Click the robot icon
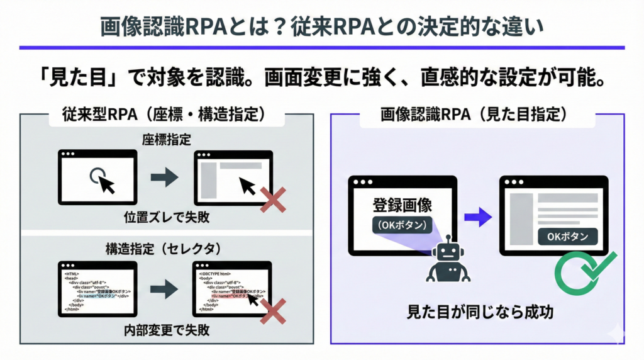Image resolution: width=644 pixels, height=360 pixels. coord(448,259)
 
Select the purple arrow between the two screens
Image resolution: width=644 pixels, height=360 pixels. coord(477,218)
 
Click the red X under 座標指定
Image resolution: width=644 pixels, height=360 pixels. coord(273,202)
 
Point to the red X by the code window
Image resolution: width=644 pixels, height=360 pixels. coord(273,311)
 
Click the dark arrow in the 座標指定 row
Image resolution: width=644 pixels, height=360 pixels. coord(164,178)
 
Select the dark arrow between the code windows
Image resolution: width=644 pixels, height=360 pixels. coord(164,289)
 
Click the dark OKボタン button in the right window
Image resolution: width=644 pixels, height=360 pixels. coord(567,237)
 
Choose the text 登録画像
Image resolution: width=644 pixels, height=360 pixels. coord(402,205)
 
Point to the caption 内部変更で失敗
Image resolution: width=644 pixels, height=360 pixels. coord(167,330)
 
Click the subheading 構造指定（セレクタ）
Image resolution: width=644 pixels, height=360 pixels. coord(167,248)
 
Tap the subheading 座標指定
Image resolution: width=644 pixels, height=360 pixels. coord(167,138)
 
